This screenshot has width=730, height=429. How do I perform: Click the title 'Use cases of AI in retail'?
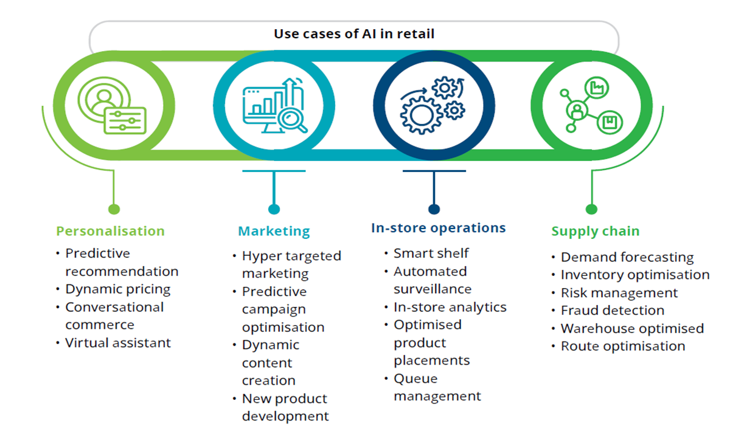[x=354, y=33]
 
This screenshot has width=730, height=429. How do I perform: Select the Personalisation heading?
[x=110, y=231]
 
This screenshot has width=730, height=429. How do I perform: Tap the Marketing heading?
[x=274, y=232]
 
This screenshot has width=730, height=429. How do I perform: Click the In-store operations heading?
[x=438, y=228]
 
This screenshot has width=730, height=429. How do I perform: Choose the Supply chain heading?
[x=595, y=231]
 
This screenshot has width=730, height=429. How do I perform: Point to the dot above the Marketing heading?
[x=274, y=210]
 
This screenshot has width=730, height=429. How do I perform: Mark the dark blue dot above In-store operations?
[x=434, y=210]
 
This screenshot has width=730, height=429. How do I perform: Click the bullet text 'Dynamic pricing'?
[x=117, y=289]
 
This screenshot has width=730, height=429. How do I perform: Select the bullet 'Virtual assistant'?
[x=118, y=343]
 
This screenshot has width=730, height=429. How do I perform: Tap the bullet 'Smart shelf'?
[x=431, y=253]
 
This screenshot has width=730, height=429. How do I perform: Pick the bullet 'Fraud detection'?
[x=612, y=311]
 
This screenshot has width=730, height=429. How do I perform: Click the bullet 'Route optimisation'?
[x=622, y=346]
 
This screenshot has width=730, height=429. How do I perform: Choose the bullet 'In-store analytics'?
[x=450, y=307]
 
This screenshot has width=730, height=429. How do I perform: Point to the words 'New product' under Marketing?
[x=284, y=399]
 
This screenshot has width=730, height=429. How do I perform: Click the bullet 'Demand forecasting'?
[x=627, y=258]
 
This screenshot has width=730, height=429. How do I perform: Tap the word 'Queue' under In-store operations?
[x=415, y=379]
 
